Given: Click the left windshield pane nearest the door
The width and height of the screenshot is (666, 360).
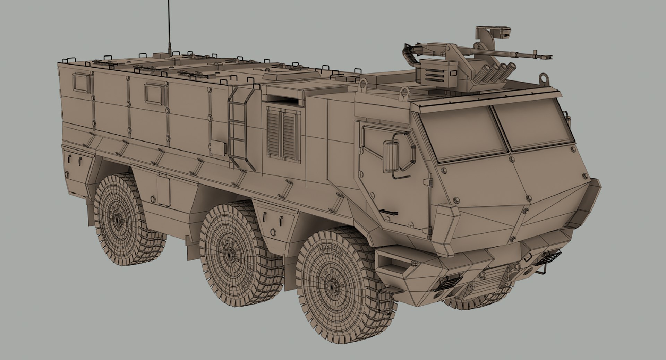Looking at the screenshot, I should click(461, 133).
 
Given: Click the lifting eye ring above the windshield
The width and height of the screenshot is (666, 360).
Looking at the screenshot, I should click(404, 92).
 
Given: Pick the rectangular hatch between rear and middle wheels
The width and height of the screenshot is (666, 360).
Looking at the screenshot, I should click(163, 191).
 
